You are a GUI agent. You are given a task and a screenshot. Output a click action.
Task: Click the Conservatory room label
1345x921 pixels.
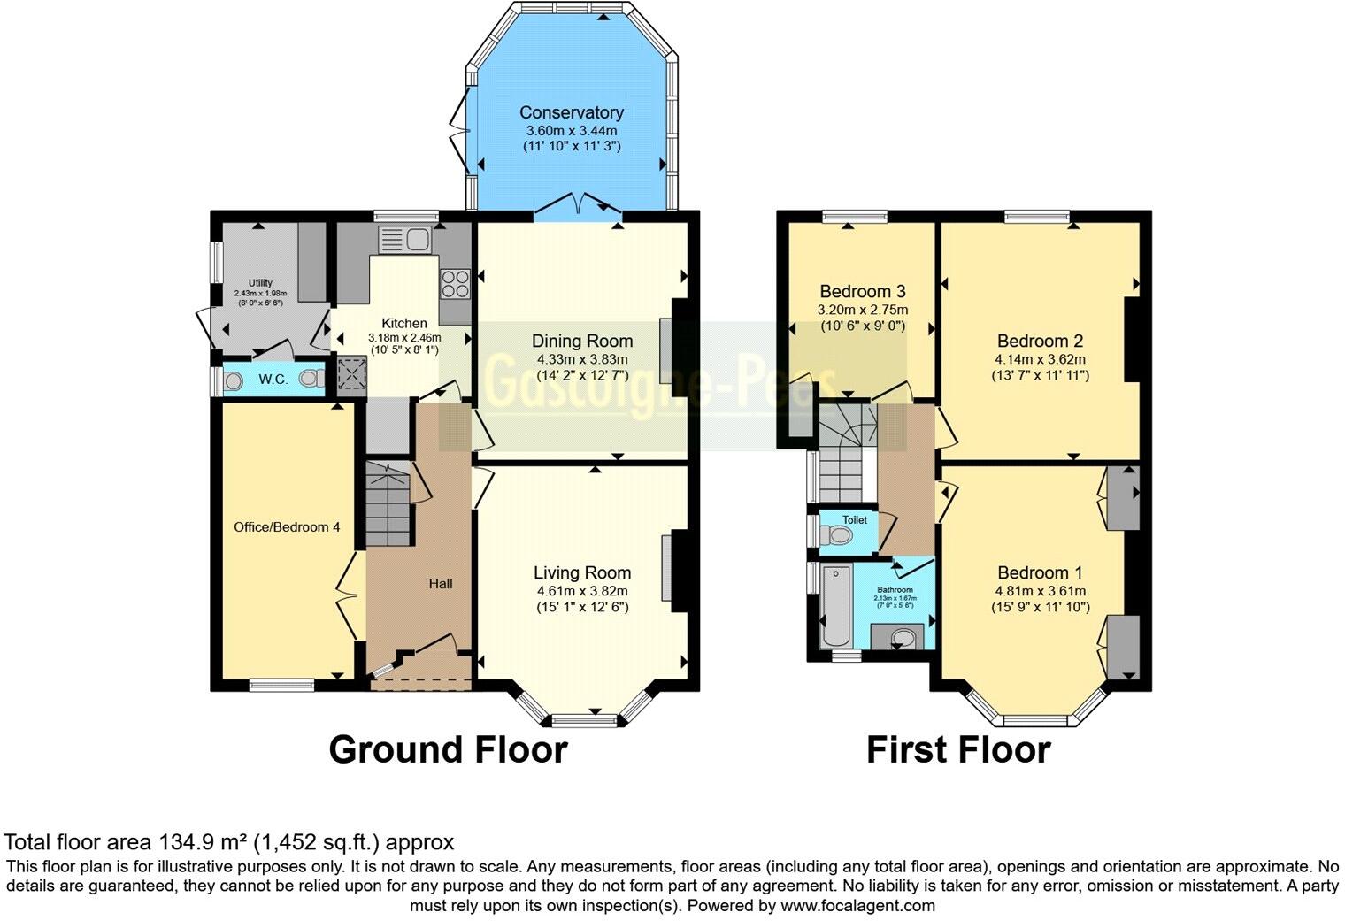point(571,112)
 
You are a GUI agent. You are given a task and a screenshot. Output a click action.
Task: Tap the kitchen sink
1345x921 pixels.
point(403,239)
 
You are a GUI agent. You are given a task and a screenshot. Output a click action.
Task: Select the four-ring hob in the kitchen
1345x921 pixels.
point(455,282)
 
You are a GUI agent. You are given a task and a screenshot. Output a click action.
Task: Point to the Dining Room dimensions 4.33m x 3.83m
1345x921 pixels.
point(582,359)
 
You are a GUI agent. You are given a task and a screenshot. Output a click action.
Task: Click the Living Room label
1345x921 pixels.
point(582,572)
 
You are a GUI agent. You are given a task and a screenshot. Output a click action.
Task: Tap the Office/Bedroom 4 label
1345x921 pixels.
point(287,527)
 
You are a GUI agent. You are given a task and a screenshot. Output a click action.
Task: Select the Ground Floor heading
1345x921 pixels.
point(448,749)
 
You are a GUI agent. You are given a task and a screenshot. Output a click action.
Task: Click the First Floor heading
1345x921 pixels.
point(958,749)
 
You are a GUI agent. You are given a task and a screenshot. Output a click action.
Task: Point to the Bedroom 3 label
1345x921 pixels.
point(862,291)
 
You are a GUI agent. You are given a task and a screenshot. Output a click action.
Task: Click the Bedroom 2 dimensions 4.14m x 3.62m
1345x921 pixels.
point(1040,359)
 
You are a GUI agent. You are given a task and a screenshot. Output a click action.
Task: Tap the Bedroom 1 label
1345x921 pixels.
point(1040,572)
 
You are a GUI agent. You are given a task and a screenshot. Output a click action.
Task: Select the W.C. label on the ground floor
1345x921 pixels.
point(273,380)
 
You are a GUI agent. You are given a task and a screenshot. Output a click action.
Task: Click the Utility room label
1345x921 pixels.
point(260,283)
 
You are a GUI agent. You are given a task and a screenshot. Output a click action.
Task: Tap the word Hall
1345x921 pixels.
point(441,583)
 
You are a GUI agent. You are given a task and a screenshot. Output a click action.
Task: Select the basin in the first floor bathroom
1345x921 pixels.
point(901,637)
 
